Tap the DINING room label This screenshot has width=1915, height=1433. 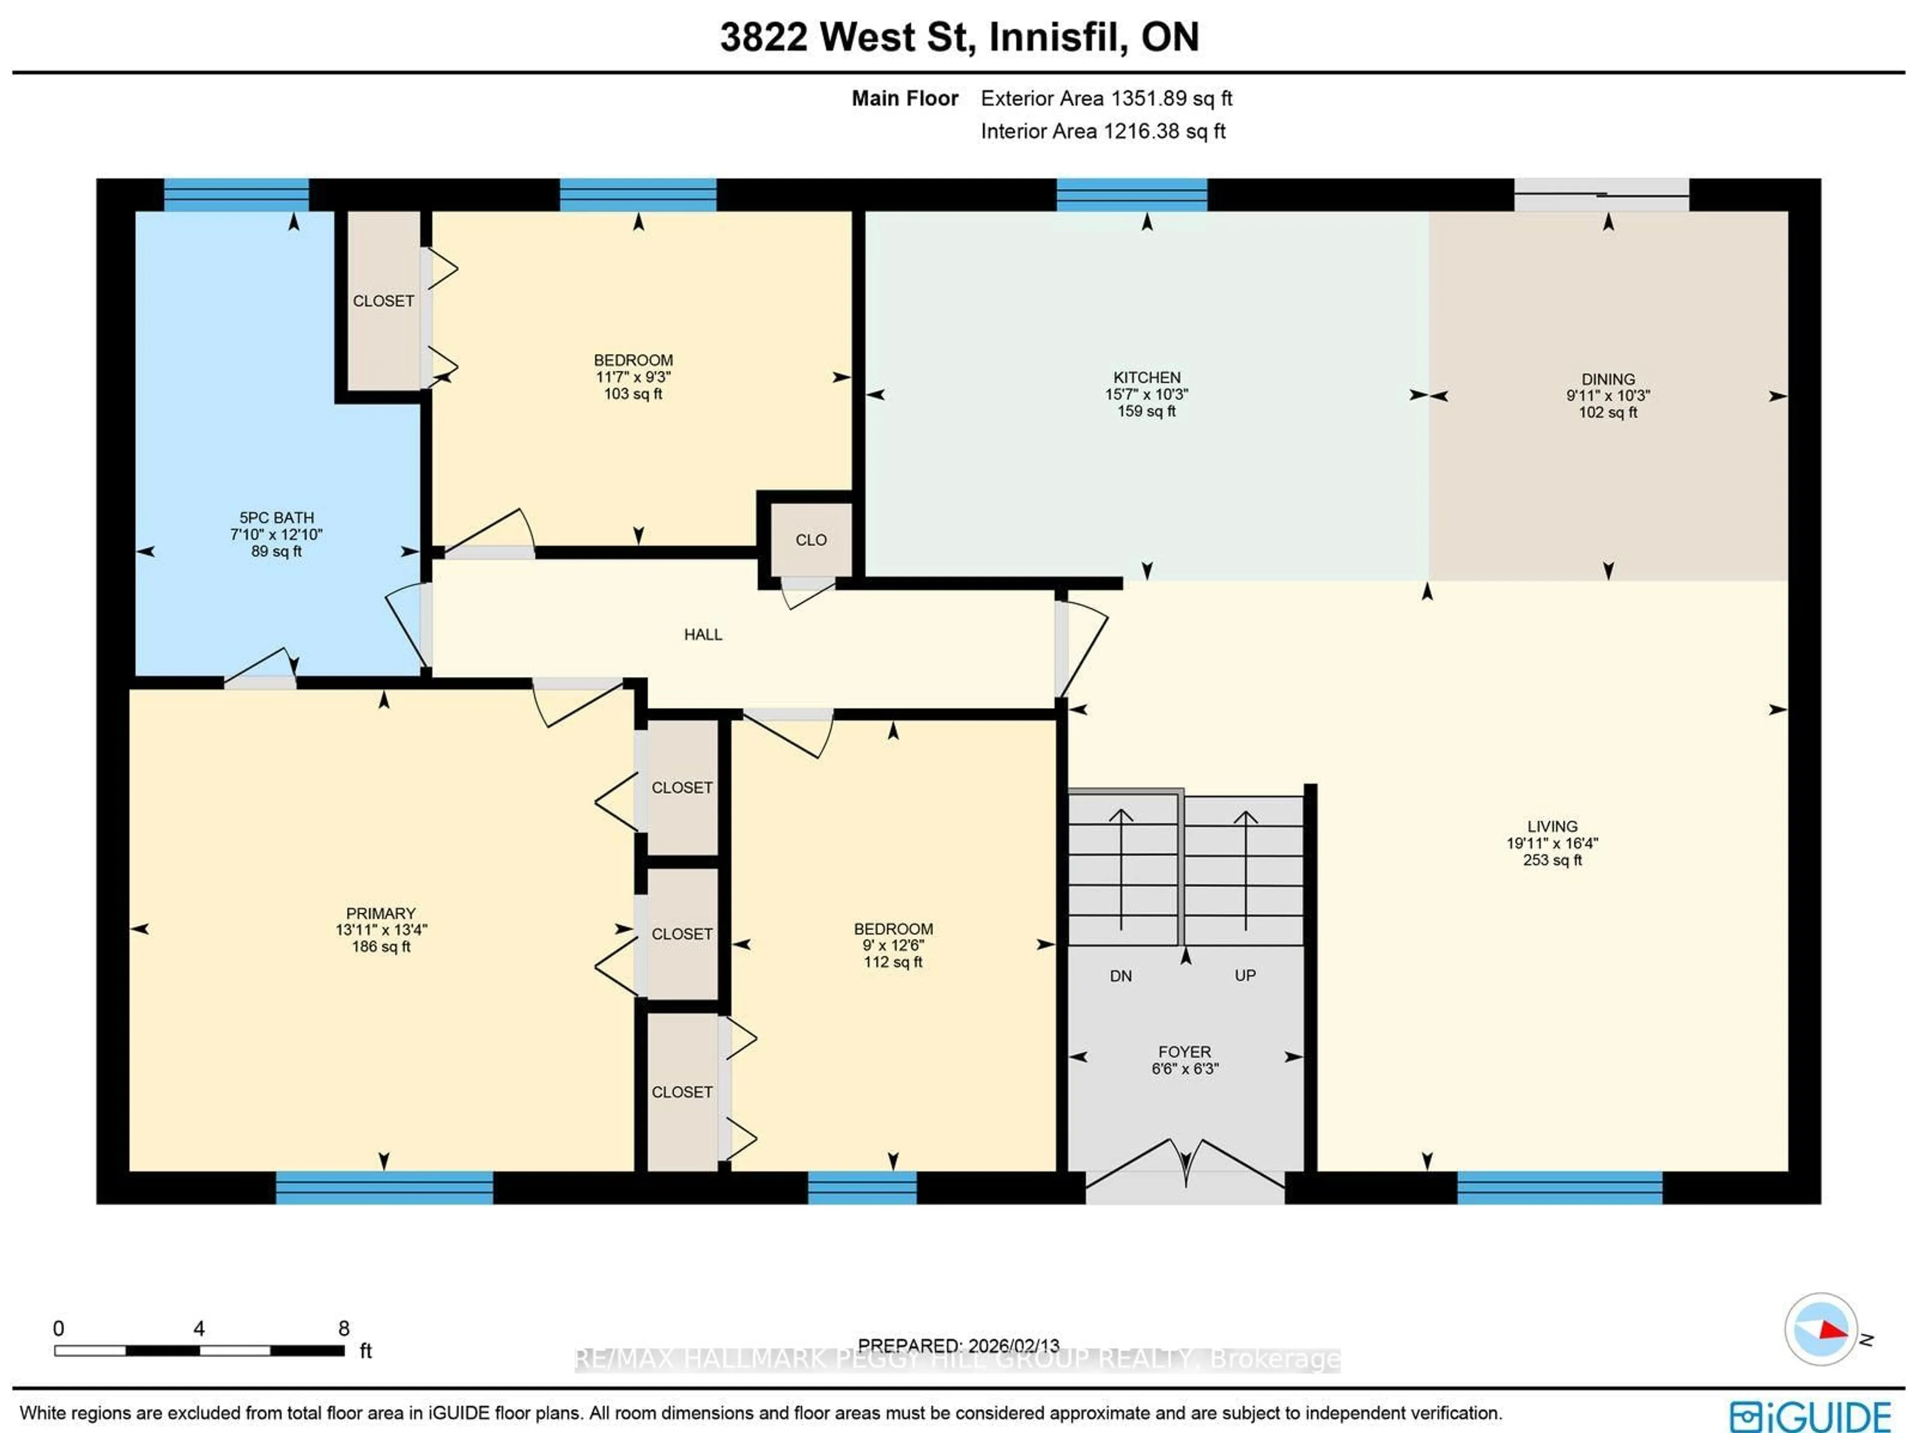coord(1608,379)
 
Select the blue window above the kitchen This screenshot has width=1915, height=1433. coord(1132,195)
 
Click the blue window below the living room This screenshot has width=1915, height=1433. coord(1559,1187)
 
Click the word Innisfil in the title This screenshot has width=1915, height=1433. coord(1058,37)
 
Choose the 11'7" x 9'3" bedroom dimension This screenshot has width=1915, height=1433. coord(633,376)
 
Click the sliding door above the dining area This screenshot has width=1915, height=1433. coord(1601,195)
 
